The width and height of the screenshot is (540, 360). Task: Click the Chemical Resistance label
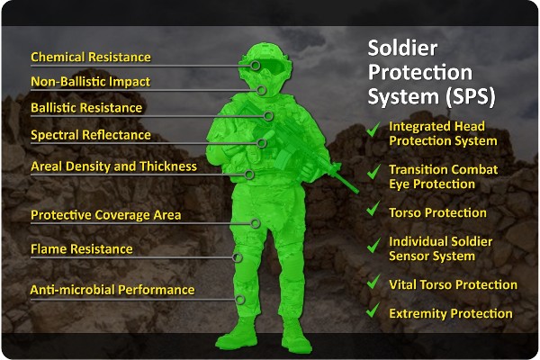[91, 57]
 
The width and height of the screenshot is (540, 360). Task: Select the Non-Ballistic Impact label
[90, 82]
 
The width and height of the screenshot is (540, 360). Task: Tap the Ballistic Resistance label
[86, 108]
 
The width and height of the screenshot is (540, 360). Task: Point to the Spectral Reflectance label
[91, 135]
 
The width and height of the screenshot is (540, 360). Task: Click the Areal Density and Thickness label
[113, 166]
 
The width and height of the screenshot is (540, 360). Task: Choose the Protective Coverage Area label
[106, 215]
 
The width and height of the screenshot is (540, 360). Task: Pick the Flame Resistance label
[82, 248]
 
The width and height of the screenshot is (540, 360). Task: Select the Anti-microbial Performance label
[112, 290]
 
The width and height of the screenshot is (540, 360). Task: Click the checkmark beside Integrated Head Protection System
[373, 132]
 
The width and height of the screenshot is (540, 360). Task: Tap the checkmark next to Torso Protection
[373, 211]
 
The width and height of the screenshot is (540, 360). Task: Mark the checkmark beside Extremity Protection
[373, 311]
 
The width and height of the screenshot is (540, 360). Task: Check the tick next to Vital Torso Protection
[373, 283]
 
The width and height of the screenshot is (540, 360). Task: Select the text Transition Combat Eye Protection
[443, 176]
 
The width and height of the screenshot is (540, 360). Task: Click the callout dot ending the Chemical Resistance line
[256, 66]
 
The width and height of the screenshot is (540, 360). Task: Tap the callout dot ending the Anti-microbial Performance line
[240, 300]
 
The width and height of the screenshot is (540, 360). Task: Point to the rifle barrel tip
[355, 191]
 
